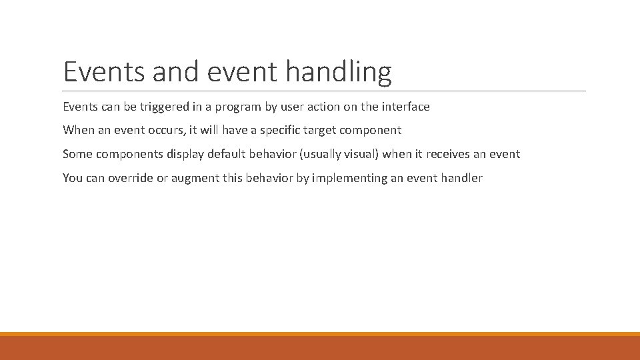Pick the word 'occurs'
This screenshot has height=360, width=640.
pos(162,131)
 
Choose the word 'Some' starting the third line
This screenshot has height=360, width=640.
pos(77,155)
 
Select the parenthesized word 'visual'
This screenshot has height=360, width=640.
pos(361,155)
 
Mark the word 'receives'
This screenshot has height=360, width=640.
pos(449,155)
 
